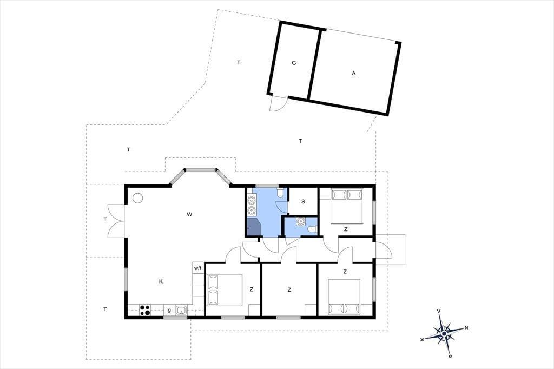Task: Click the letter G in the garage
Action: [x=294, y=63]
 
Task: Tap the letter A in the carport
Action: [x=354, y=73]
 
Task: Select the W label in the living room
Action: [x=189, y=214]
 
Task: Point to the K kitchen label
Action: [x=161, y=281]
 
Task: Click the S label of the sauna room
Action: [x=303, y=202]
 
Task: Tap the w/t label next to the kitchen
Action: [x=197, y=268]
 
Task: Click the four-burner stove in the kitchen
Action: [x=145, y=310]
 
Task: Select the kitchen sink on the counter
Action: [x=182, y=311]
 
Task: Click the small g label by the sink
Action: [x=169, y=311]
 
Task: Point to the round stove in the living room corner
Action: [x=137, y=198]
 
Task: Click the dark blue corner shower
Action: [x=254, y=227]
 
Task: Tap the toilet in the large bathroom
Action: [x=281, y=193]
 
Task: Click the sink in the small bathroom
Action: [x=301, y=221]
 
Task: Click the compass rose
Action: [x=444, y=333]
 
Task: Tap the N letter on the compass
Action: [x=466, y=328]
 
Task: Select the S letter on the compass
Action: [x=422, y=339]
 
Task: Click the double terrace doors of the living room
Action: [x=116, y=221]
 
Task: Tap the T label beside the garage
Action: [x=239, y=63]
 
